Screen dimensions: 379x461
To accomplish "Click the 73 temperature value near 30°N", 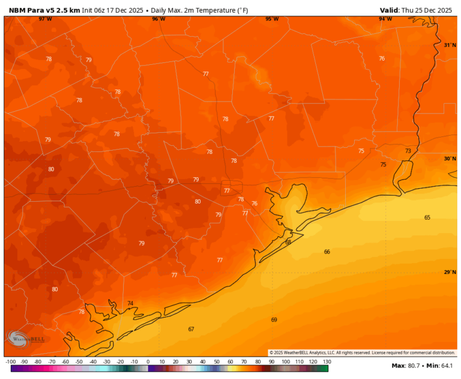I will pos(408,151).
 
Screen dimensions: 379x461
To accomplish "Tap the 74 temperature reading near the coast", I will pos(130,304).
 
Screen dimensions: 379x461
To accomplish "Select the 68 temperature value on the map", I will pos(288,242).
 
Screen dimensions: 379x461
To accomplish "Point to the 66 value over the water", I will pos(327,252).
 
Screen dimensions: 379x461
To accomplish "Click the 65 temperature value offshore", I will pos(427,217).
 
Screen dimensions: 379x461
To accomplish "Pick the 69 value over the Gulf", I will pos(274,320).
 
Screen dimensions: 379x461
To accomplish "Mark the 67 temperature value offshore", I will pos(191,329).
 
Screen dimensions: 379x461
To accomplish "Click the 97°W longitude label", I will pos(45,19).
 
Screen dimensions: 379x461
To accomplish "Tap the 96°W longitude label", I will pos(158,19).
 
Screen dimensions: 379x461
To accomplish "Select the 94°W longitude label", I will pos(385,19).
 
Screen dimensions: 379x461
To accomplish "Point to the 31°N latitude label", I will pos(450,45).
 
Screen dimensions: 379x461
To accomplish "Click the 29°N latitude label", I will pos(450,272).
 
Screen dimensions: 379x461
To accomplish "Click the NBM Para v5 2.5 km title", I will pos(43,10).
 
